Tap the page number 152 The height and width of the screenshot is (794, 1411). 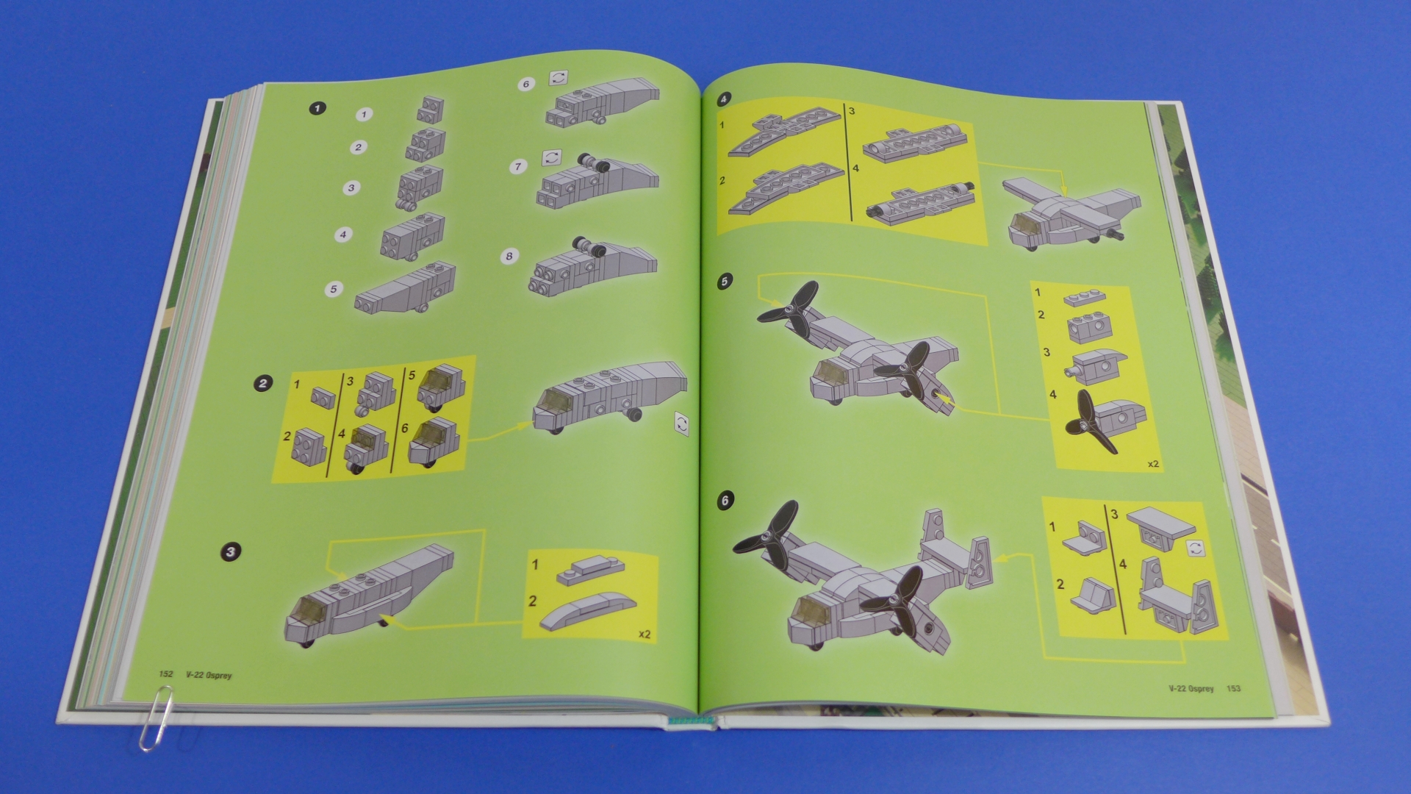coord(166,674)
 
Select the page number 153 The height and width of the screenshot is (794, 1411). coord(1233,689)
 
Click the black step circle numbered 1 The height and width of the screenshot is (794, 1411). coord(317,108)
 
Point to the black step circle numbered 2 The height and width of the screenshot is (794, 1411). coord(263,382)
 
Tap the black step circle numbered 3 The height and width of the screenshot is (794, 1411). coord(231,551)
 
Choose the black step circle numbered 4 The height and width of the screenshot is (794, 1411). coord(724,99)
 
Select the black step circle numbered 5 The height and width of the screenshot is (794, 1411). coord(725,282)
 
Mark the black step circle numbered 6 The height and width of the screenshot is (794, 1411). coord(725,501)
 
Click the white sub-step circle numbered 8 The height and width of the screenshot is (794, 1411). coord(509,256)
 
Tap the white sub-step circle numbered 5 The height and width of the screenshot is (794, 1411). coord(334,289)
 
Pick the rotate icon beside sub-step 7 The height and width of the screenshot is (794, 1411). coord(551,158)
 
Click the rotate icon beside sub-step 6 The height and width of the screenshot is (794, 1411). coord(558,78)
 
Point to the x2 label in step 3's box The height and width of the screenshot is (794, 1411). coord(645,634)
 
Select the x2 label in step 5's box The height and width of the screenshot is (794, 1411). coord(1152,464)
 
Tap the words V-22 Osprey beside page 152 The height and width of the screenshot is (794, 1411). coord(209,675)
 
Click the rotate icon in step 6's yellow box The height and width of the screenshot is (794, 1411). coord(1196,548)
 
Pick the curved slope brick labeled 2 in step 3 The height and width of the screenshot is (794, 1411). coord(588,609)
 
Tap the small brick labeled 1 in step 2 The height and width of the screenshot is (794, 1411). coord(323,397)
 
